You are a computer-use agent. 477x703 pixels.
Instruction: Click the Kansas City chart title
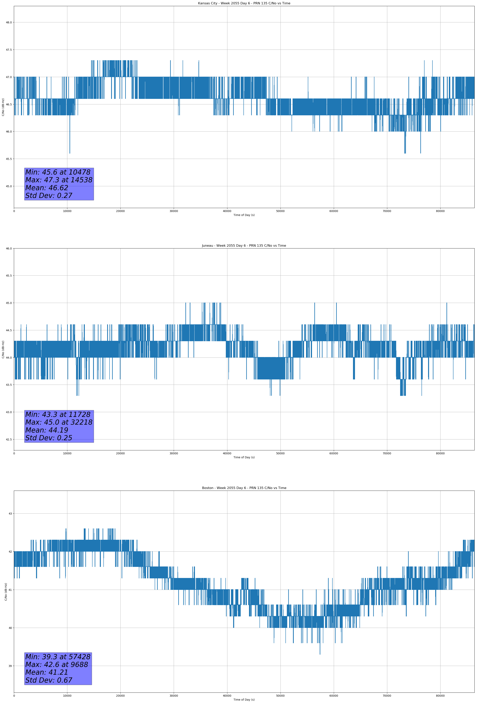pyautogui.click(x=244, y=3)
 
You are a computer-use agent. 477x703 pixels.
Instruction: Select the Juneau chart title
pyautogui.click(x=244, y=246)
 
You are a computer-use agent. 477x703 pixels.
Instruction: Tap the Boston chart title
pyautogui.click(x=244, y=488)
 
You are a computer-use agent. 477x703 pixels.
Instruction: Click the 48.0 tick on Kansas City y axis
pyautogui.click(x=9, y=22)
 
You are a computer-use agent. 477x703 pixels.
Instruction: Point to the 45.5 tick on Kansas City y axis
pyautogui.click(x=9, y=159)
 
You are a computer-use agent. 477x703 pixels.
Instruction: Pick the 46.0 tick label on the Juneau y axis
pyautogui.click(x=9, y=248)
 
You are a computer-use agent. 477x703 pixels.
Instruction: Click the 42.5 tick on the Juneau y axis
pyautogui.click(x=9, y=439)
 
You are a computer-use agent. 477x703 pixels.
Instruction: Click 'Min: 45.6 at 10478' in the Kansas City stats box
pyautogui.click(x=58, y=172)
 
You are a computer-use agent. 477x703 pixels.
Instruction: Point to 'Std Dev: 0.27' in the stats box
pyautogui.click(x=49, y=196)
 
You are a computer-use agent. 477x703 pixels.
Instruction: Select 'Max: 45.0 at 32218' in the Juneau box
pyautogui.click(x=59, y=422)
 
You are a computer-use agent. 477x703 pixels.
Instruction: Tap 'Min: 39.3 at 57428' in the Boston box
pyautogui.click(x=58, y=657)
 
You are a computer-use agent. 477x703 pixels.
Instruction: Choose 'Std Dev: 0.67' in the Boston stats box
pyautogui.click(x=49, y=680)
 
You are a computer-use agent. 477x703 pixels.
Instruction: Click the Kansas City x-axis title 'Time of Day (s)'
pyautogui.click(x=244, y=215)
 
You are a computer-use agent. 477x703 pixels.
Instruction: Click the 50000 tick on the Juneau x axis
pyautogui.click(x=280, y=453)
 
